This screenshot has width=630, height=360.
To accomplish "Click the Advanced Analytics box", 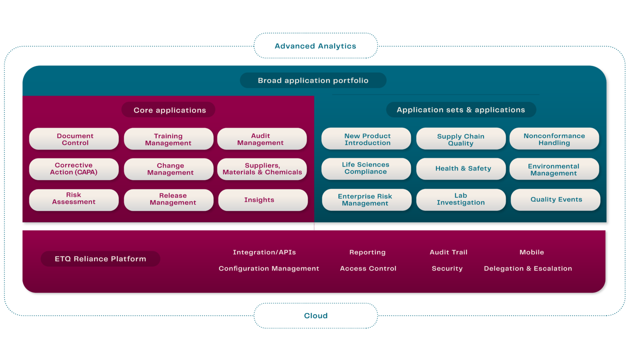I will click(315, 46).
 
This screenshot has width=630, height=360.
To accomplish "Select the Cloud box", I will click(315, 315).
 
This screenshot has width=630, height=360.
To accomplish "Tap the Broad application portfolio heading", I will click(313, 80).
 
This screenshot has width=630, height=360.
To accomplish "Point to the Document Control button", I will click(74, 139).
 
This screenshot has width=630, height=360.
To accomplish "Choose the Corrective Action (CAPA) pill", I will click(74, 169).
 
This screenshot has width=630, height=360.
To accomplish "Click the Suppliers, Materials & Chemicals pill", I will click(262, 169).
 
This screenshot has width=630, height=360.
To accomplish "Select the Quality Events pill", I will click(555, 200).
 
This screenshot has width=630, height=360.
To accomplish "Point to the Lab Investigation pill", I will click(461, 200).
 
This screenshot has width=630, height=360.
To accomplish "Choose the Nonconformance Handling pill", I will click(554, 139).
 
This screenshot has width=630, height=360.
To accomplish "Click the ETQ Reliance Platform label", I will click(100, 259).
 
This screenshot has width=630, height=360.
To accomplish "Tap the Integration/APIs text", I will click(264, 252).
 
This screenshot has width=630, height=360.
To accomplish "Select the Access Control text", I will click(368, 268).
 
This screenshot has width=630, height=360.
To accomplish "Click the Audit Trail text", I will click(449, 252).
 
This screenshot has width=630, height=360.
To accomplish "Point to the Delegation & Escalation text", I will click(528, 268).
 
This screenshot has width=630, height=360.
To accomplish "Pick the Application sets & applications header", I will click(461, 110).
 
